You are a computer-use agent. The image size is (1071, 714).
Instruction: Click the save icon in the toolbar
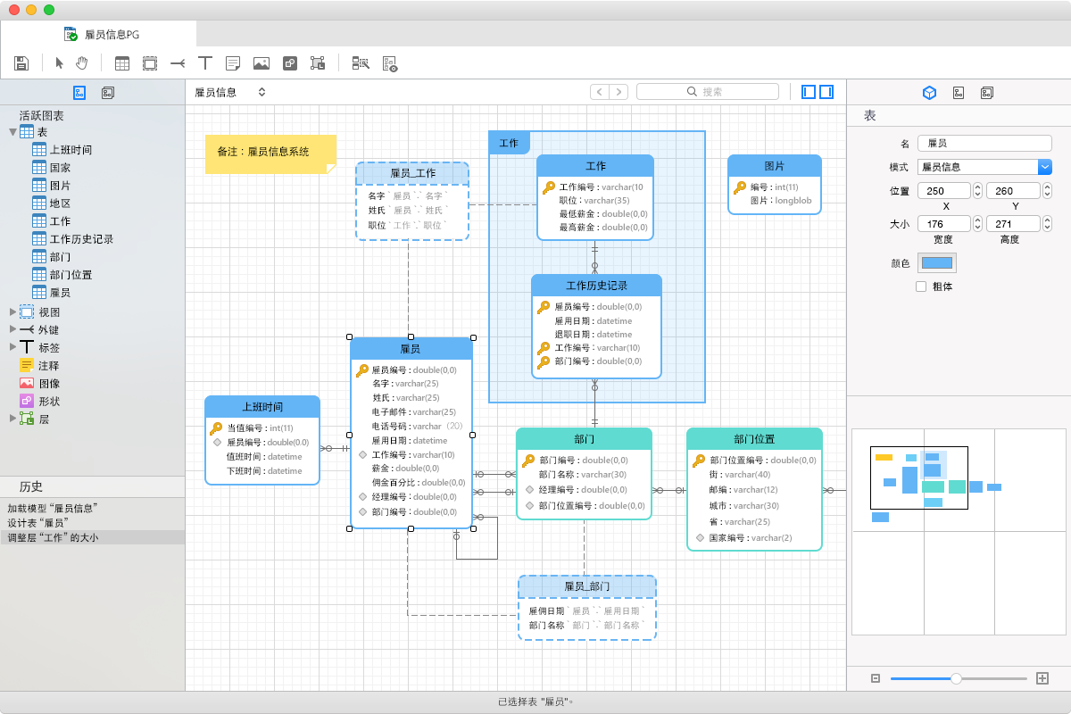coord(21,63)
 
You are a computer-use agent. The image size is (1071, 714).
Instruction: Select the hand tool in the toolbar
coord(82,63)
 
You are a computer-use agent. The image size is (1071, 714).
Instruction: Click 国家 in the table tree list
coord(61,168)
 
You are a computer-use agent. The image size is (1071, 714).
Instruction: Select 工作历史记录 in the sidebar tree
coord(81,238)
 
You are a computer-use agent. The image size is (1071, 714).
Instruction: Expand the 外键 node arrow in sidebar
coord(12,329)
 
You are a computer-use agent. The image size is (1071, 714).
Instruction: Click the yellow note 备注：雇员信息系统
coord(270,154)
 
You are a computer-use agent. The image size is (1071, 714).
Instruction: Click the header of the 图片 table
coord(774,166)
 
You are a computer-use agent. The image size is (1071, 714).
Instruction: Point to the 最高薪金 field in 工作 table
coord(603,228)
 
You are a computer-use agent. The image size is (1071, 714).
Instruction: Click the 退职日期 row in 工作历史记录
coord(593,335)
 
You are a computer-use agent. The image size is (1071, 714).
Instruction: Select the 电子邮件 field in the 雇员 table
coord(413,411)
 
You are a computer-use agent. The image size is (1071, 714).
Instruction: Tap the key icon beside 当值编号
coord(216,428)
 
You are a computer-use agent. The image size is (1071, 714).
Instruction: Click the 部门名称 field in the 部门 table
coord(582,475)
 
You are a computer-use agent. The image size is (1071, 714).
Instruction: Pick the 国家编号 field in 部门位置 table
coord(751,537)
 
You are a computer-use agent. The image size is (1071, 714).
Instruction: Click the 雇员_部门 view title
coord(586,586)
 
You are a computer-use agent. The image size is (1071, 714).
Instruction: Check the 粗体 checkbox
coord(921,286)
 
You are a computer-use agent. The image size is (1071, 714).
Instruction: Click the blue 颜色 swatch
coord(936,263)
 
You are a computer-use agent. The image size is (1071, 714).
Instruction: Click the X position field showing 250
coord(944,191)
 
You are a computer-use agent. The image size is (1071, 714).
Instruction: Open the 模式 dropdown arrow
coord(1045,167)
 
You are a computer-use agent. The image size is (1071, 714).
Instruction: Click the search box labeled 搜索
coord(708,91)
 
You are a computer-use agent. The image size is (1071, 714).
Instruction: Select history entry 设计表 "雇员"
coord(38,523)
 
